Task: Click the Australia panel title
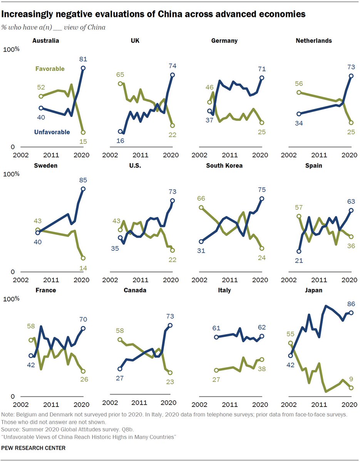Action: [46, 40]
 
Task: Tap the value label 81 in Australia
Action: [82, 59]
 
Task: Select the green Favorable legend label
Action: [50, 69]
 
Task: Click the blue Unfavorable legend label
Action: [52, 132]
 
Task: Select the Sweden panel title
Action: [45, 166]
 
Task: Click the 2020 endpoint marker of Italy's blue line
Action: [262, 336]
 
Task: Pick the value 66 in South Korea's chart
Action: [201, 199]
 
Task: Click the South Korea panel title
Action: [224, 166]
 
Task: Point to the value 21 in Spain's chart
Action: [298, 260]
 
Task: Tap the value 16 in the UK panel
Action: [120, 141]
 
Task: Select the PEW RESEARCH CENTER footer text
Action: [33, 448]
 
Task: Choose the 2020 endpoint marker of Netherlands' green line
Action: [351, 123]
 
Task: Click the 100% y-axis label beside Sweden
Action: [12, 174]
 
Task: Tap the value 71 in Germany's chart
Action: [261, 69]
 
